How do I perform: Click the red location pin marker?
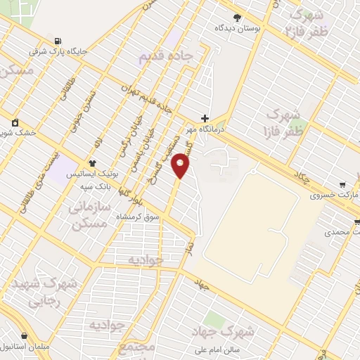[x=181, y=166]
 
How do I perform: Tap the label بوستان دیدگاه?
[x=237, y=29]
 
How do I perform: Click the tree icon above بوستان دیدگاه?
[x=237, y=18]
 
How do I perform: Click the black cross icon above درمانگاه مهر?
[x=205, y=118]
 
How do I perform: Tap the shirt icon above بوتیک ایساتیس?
[x=91, y=162]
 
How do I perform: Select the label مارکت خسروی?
[x=335, y=195]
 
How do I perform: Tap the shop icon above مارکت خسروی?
[x=342, y=184]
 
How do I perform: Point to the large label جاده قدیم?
[x=165, y=59]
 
